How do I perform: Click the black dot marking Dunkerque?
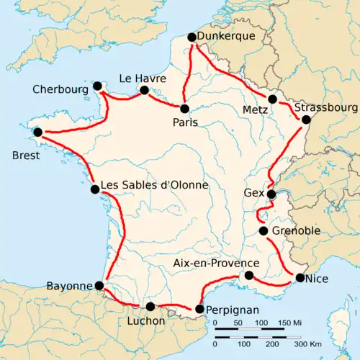coord(192,37)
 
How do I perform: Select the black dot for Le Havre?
coord(144,91)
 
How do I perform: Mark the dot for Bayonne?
coord(99,286)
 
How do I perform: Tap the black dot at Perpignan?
coord(199,310)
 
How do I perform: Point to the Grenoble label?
coord(294,232)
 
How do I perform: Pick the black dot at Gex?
coord(271,194)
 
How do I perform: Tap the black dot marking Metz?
coord(272,99)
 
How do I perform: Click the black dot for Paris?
coord(185,109)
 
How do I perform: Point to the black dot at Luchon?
coord(150,307)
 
